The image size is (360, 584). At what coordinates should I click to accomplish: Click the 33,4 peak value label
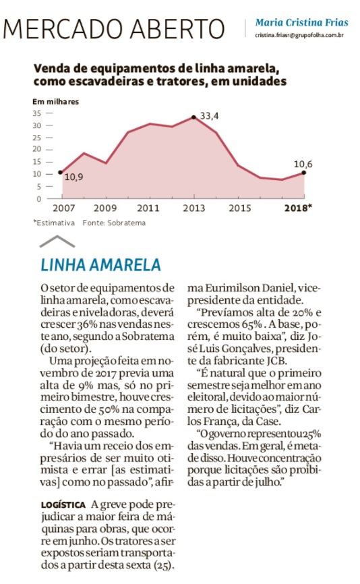210,116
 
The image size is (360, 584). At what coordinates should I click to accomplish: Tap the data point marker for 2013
193,117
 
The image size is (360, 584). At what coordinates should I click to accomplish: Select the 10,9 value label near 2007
73,177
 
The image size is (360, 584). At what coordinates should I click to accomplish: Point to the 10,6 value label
303,165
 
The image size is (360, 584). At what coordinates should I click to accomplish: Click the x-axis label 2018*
298,208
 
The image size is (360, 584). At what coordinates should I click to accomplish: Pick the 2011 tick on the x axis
148,208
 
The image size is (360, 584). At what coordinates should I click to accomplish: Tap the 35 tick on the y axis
36,113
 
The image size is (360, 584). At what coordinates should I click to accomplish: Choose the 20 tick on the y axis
36,149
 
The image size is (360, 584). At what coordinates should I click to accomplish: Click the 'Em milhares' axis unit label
55,102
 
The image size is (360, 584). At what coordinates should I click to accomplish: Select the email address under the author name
299,35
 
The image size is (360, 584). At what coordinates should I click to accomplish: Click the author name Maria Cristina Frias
301,23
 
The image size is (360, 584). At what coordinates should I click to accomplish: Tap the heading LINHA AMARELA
100,265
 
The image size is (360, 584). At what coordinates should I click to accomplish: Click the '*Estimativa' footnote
54,223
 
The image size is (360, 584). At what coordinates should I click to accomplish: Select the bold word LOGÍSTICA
63,505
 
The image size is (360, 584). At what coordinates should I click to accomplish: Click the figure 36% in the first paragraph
88,324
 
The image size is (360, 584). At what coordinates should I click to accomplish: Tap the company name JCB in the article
276,361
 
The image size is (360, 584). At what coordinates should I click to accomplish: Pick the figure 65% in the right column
251,324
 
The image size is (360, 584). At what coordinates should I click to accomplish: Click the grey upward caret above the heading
57,241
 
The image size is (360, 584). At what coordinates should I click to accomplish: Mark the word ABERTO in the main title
179,29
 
